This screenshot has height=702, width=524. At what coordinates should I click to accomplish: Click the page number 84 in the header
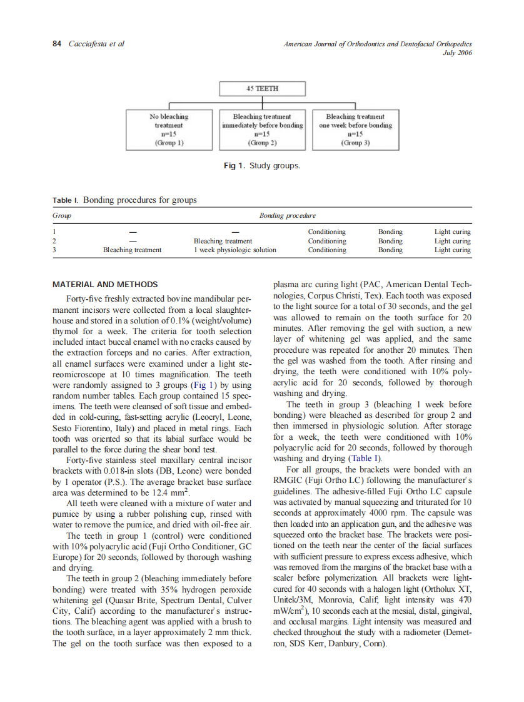coord(56,44)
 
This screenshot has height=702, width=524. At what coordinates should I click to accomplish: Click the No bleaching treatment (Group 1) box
coord(169,130)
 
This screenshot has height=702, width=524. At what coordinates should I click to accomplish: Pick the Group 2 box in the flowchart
coord(262,130)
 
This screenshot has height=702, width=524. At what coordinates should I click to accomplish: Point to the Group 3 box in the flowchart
coord(355,130)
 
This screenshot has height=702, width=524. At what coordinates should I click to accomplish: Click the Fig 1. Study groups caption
coord(262,166)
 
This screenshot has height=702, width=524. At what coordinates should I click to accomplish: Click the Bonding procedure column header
coord(288,215)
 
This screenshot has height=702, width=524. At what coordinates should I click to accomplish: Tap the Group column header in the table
coord(61,215)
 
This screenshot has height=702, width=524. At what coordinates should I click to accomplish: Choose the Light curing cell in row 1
coord(452,231)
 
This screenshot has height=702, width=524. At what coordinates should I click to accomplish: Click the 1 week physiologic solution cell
coord(234,250)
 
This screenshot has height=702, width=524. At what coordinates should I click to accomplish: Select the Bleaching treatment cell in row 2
coord(223,241)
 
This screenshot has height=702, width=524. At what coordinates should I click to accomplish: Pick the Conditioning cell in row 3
coord(326,250)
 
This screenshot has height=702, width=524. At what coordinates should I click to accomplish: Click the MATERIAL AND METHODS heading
coord(105,284)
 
